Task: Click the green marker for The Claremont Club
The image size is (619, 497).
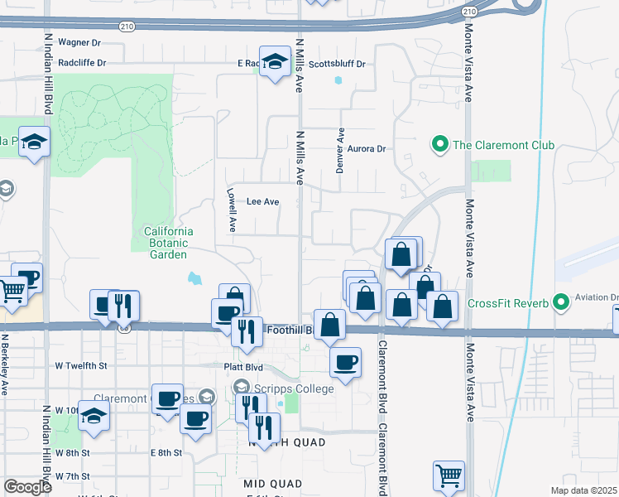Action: tap(440, 145)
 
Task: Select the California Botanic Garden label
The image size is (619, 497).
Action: tap(168, 243)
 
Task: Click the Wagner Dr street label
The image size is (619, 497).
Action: tap(79, 41)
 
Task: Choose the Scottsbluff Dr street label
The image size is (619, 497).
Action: tap(337, 64)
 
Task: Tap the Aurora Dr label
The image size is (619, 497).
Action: tap(367, 149)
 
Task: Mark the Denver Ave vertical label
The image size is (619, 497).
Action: tap(340, 150)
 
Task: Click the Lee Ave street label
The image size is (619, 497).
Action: tap(263, 201)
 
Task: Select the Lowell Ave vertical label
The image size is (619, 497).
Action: tap(233, 212)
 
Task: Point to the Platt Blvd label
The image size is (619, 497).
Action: tap(243, 365)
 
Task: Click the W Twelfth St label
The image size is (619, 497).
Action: tap(81, 365)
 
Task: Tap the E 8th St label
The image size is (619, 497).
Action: tap(166, 452)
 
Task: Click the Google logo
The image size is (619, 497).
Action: tap(27, 487)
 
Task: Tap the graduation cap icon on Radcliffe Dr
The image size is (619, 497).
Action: tap(275, 62)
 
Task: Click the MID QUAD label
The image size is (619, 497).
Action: tap(273, 483)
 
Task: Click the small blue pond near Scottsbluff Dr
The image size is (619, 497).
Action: tap(338, 81)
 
